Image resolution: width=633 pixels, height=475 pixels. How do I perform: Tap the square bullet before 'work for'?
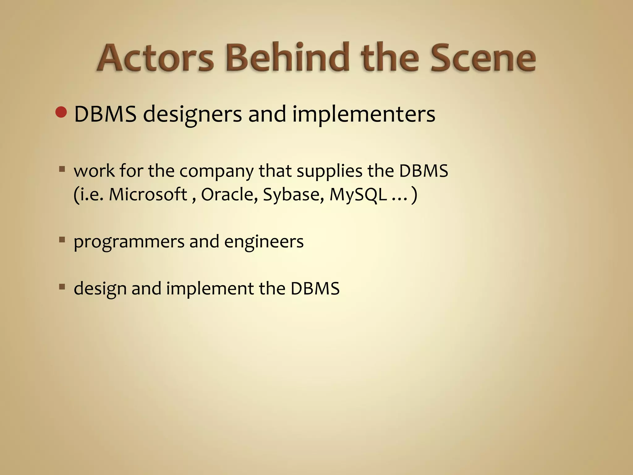click(x=62, y=169)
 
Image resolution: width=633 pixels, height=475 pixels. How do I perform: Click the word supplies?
click(x=329, y=171)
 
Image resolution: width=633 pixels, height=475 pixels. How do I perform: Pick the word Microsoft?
click(x=148, y=195)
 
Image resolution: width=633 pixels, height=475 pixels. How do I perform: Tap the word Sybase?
click(x=293, y=195)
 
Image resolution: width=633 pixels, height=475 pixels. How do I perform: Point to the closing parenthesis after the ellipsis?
click(x=414, y=195)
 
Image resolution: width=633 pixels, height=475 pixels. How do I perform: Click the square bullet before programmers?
click(x=62, y=240)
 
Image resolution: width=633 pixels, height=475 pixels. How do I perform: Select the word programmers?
click(x=129, y=242)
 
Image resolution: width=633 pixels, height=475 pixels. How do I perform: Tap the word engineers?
click(x=264, y=242)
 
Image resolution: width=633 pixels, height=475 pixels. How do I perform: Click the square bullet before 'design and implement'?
click(x=62, y=287)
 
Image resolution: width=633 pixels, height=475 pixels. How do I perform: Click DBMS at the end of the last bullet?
click(x=315, y=288)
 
